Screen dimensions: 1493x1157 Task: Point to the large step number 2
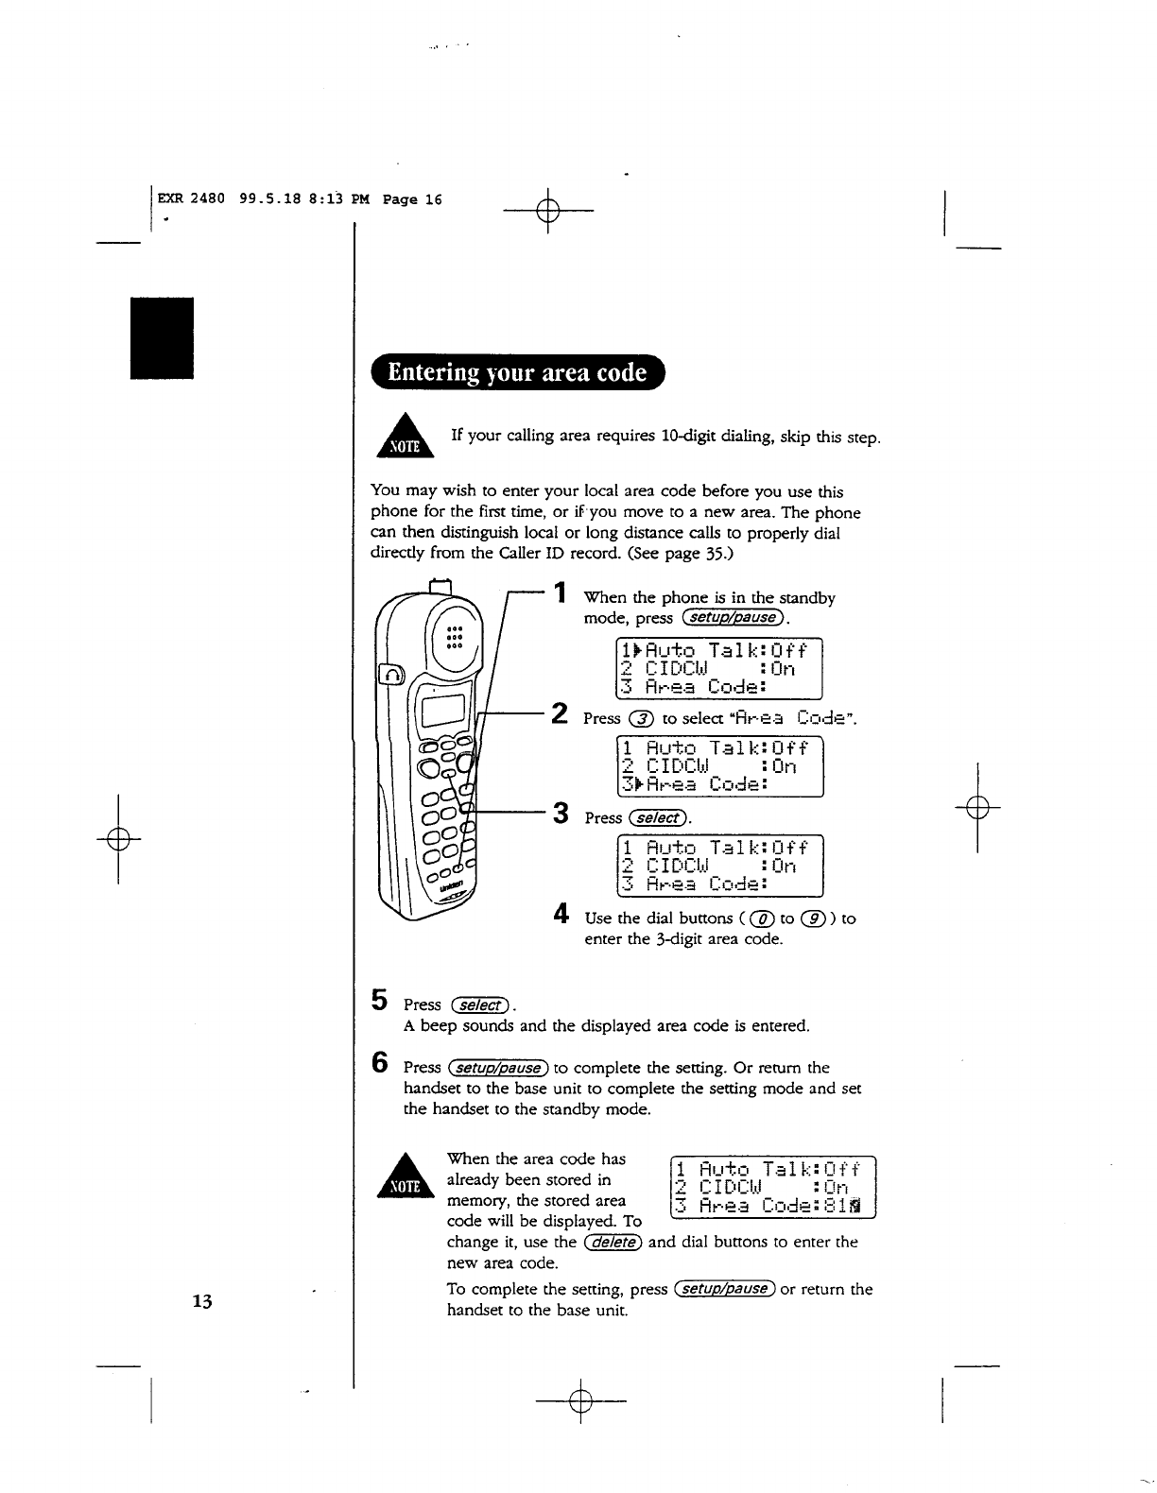tap(561, 713)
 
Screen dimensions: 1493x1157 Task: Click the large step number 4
tap(561, 915)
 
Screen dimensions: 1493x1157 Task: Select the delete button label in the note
tap(613, 1242)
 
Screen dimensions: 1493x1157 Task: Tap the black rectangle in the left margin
tap(162, 338)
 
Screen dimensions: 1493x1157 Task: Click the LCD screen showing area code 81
tap(772, 1187)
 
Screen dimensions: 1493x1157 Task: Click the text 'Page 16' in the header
tap(412, 200)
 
